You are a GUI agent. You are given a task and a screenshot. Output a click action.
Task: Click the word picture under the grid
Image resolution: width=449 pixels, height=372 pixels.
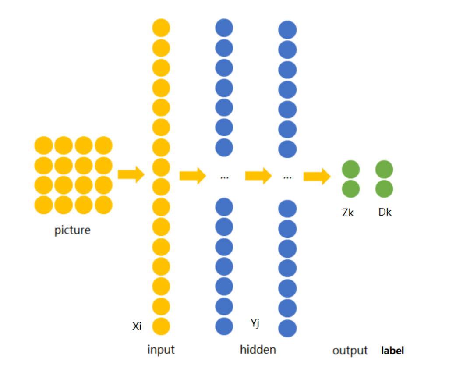click(x=72, y=230)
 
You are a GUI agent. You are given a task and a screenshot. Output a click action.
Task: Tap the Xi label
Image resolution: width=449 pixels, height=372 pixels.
click(x=137, y=326)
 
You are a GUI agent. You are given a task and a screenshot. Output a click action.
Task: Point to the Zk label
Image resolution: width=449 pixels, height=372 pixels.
click(x=348, y=213)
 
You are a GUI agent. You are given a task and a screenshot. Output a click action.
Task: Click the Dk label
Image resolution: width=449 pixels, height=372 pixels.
click(x=385, y=213)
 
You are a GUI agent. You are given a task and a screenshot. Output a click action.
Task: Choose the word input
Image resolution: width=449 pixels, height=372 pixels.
click(x=161, y=350)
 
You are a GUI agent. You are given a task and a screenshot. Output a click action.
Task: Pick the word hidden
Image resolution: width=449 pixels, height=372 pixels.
click(x=258, y=350)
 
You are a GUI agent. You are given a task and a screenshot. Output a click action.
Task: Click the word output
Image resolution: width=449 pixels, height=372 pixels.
click(x=350, y=351)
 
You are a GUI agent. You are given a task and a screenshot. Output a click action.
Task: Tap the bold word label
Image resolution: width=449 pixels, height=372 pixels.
click(x=392, y=351)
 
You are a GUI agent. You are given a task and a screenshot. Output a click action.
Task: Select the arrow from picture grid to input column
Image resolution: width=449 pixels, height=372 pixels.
click(x=131, y=174)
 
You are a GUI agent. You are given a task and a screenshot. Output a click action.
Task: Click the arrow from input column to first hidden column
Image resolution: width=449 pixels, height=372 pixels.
click(x=193, y=176)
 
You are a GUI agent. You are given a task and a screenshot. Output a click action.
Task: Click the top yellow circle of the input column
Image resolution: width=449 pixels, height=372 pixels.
click(x=161, y=28)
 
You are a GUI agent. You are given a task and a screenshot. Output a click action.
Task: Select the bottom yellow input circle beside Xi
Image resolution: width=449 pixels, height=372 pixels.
click(x=161, y=326)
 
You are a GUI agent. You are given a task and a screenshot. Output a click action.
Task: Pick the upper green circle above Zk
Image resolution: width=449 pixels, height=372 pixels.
click(x=351, y=169)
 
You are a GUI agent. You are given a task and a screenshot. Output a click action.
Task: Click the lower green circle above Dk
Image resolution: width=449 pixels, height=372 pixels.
click(x=384, y=189)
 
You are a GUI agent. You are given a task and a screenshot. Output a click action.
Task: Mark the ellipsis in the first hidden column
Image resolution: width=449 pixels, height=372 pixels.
click(x=224, y=177)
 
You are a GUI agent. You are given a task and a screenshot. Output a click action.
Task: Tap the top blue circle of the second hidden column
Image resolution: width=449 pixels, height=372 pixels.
click(x=287, y=29)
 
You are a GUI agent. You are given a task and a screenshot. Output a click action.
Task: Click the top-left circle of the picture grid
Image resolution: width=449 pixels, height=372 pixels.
click(x=43, y=145)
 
